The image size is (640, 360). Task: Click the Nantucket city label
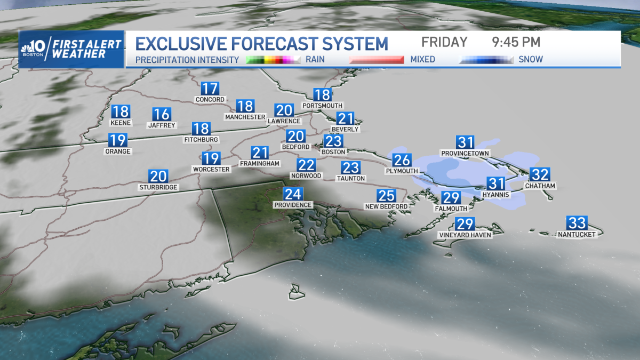point(577,234)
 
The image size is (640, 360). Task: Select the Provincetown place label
point(465,154)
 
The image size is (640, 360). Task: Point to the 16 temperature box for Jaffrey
point(161,114)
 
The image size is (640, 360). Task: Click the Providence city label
point(292,205)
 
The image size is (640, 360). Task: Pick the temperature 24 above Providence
point(292,194)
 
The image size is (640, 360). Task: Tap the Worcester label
point(211,169)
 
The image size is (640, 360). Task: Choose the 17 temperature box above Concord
point(210,89)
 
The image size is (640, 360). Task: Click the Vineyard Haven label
point(465,235)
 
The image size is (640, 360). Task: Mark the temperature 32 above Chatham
point(540,174)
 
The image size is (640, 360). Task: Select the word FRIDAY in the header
point(444,42)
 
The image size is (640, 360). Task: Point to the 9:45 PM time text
point(516,42)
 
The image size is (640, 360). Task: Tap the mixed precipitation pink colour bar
point(376,60)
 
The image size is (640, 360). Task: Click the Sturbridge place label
point(158,187)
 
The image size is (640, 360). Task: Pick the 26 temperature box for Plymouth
point(402,159)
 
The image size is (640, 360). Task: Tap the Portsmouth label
point(322,106)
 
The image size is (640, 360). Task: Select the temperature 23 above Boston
point(333,141)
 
